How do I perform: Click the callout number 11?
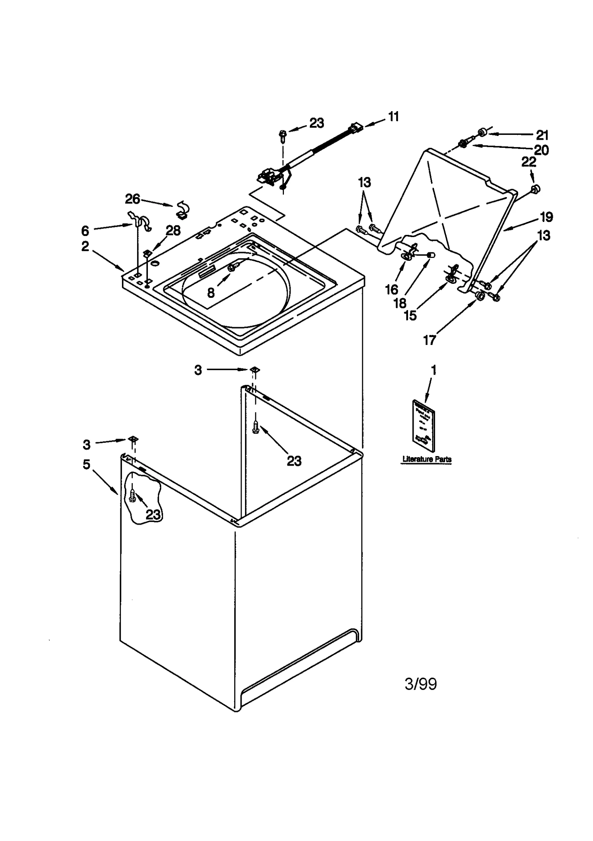[x=393, y=117]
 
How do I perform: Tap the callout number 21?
[x=542, y=135]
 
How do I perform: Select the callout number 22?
[x=529, y=162]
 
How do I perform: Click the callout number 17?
[x=429, y=340]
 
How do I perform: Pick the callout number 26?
[x=132, y=199]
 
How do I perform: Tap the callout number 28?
[x=173, y=230]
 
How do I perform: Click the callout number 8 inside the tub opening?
[x=211, y=293]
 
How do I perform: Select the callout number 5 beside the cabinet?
[x=86, y=464]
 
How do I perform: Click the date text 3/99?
[x=420, y=684]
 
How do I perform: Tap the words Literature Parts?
[x=427, y=459]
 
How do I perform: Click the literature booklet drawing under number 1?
[x=423, y=426]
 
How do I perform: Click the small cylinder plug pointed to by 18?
[x=431, y=255]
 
